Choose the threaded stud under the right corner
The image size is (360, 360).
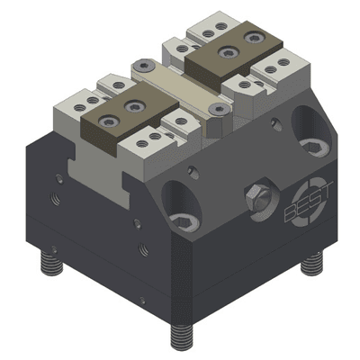click(311, 263)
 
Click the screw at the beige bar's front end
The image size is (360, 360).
click(215, 109)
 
